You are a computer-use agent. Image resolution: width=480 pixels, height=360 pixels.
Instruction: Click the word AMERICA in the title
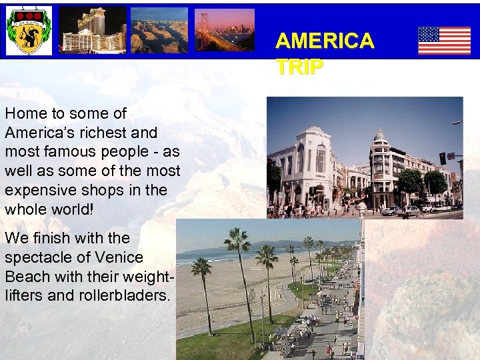[325, 41]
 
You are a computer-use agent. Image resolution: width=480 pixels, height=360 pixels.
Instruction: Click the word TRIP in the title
[299, 67]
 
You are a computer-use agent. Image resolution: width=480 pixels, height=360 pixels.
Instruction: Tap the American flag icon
[444, 41]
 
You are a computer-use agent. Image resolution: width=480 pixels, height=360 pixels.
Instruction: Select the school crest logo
[29, 31]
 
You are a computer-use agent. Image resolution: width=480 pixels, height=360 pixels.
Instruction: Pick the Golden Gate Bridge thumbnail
[224, 30]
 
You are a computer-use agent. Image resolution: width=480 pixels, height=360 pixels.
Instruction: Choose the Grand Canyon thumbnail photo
[159, 31]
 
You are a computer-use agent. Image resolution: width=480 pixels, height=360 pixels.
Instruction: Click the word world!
[74, 209]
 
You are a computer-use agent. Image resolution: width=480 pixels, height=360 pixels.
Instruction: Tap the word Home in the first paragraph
[25, 114]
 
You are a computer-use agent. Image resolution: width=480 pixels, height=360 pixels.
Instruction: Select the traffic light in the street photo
[442, 158]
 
